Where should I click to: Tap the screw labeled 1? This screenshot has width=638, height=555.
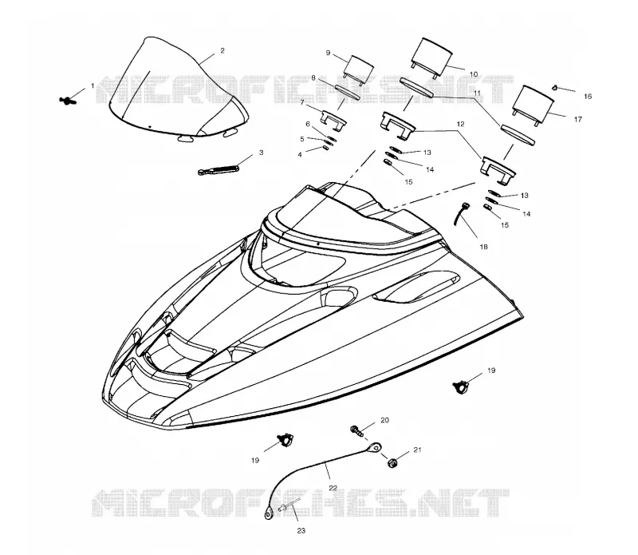65,100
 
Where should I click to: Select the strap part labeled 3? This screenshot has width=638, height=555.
217,169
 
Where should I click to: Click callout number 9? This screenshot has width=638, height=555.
329,53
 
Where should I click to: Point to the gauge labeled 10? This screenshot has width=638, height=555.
432,57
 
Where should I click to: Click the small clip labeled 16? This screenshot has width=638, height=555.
554,87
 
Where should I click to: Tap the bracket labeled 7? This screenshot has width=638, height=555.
333,121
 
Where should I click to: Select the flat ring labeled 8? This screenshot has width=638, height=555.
347,91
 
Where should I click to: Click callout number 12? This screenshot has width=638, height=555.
460,124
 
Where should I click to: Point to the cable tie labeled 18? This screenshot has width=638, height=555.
461,213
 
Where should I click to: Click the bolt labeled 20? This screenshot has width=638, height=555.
357,431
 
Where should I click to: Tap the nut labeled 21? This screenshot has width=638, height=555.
392,463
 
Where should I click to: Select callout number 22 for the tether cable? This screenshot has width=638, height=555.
333,488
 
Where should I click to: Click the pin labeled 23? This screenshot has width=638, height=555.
289,505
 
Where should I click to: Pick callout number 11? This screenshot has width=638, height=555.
477,93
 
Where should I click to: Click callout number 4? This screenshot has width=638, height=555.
300,155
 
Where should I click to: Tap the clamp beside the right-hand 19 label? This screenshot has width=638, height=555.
461,387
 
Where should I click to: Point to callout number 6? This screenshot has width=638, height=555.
308,124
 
